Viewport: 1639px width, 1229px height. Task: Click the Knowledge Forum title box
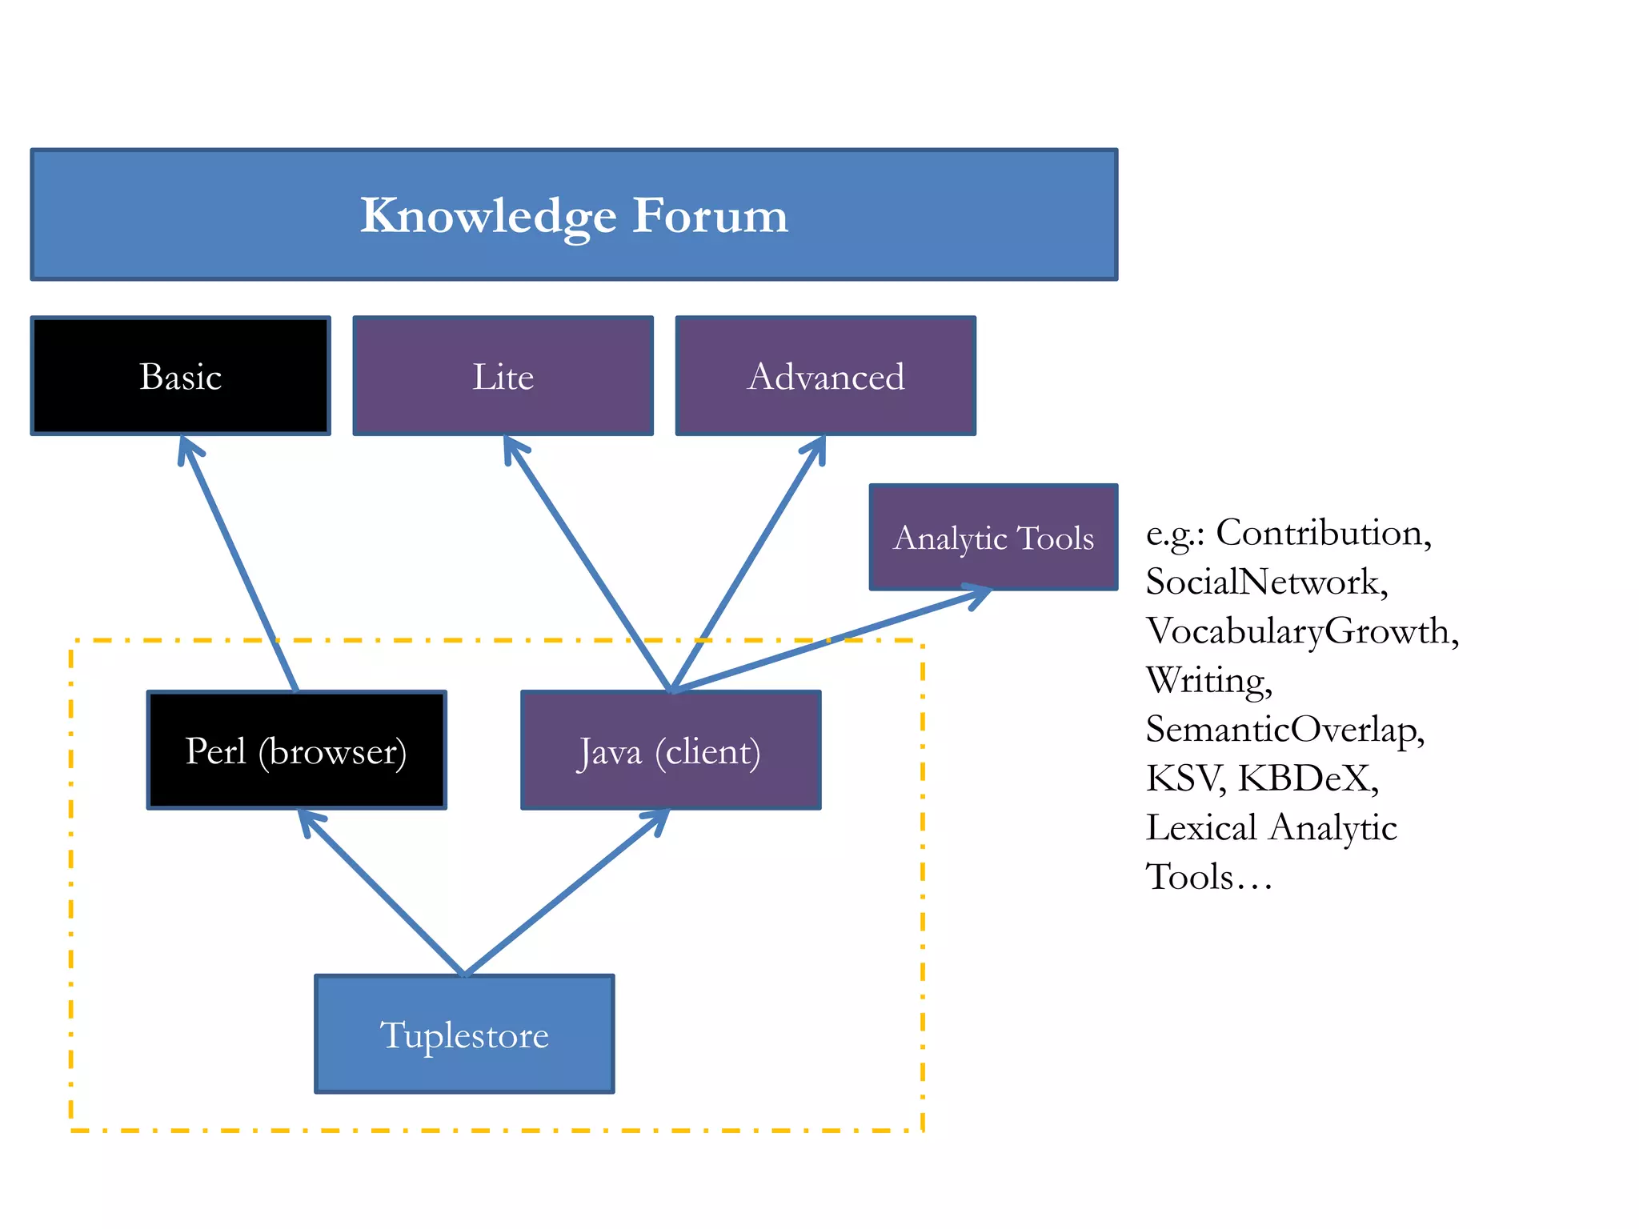click(574, 214)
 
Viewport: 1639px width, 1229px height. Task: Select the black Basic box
click(181, 376)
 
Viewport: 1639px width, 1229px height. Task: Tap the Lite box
click(503, 376)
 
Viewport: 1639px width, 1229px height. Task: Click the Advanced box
click(825, 376)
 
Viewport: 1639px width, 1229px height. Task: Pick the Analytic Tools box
click(993, 537)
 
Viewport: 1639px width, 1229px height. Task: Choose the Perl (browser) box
click(296, 751)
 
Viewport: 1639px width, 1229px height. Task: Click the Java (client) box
click(671, 751)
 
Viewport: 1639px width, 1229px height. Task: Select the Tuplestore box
click(464, 1034)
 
